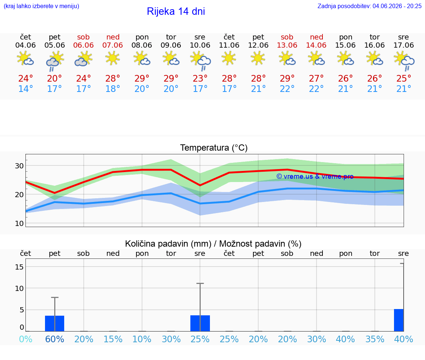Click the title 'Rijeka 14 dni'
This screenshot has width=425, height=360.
tap(176, 11)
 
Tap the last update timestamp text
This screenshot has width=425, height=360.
tap(369, 6)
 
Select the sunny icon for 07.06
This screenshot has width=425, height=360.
tap(113, 58)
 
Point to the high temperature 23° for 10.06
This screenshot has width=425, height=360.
tap(200, 78)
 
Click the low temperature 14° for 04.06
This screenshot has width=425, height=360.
tap(26, 89)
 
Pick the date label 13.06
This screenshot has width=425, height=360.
tap(287, 45)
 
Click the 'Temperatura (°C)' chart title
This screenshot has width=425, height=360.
tap(214, 148)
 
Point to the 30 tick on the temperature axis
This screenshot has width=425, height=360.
tap(19, 166)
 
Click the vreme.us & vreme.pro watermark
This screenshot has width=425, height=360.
tap(315, 176)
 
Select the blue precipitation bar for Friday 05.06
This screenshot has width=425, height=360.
tap(55, 323)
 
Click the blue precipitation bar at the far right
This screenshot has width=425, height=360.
tap(399, 320)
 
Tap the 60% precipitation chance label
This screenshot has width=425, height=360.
tap(55, 339)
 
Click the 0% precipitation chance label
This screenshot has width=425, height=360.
tap(26, 339)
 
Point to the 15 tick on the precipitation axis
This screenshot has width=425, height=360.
tap(19, 267)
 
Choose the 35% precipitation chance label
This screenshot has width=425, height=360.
tap(375, 339)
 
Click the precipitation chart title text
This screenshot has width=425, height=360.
tap(213, 244)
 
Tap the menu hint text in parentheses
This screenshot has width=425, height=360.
tap(41, 6)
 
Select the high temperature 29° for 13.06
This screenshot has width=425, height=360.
tap(287, 78)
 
